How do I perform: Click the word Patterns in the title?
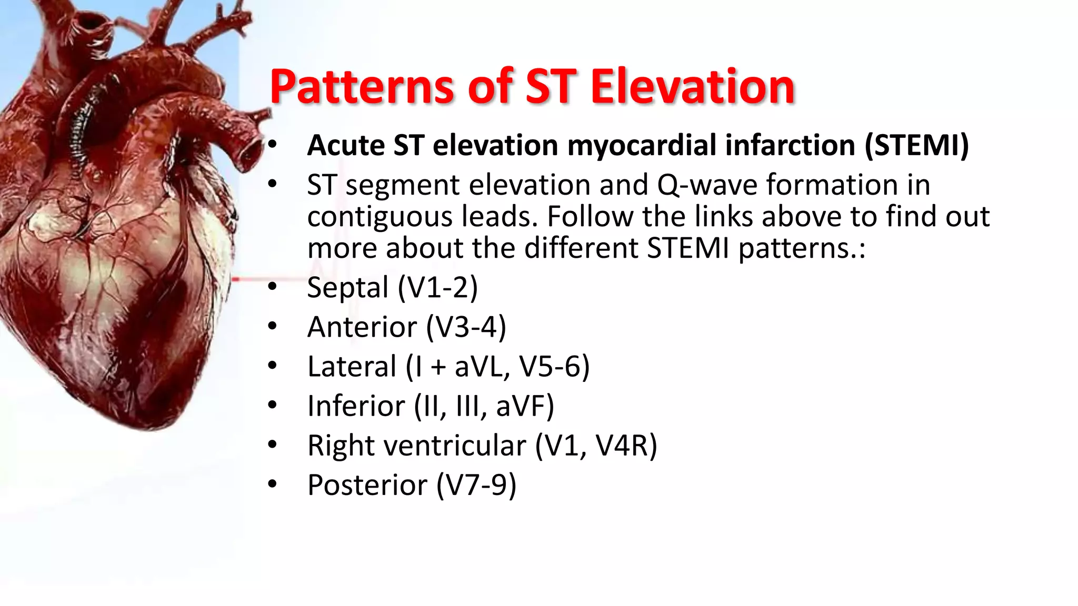pos(362,87)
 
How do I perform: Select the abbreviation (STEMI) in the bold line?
pos(916,145)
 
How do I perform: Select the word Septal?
pos(347,287)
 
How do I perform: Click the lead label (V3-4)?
pos(466,327)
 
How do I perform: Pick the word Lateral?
pos(352,366)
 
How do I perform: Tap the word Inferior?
pos(356,406)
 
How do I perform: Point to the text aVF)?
pos(525,406)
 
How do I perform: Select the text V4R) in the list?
pos(626,446)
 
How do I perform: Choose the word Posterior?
pos(367,485)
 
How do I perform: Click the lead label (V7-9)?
pos(476,485)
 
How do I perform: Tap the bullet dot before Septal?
pos(272,286)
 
